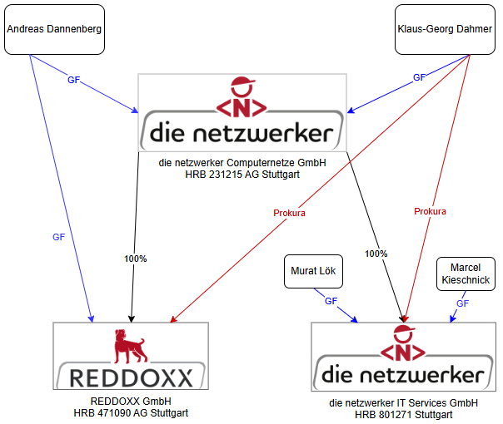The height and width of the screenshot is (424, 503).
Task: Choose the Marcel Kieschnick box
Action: click(466, 274)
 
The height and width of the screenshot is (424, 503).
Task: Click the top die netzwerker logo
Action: click(242, 111)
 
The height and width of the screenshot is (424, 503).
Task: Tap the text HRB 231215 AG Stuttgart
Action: click(242, 175)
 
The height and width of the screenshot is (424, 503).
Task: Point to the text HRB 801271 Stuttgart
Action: click(403, 414)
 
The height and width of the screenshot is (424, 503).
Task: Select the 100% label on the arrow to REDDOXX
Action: click(135, 259)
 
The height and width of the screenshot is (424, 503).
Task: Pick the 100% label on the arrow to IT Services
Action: click(376, 253)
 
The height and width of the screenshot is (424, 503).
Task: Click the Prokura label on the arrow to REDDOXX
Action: click(289, 213)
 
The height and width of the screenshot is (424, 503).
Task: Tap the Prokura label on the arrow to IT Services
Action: click(430, 211)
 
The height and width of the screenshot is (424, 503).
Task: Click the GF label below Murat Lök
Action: click(331, 301)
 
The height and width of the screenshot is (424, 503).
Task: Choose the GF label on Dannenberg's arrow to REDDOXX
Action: click(58, 237)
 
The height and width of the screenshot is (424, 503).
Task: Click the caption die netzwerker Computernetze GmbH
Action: click(242, 163)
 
